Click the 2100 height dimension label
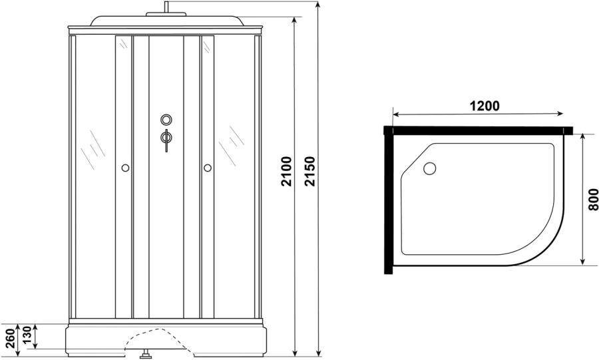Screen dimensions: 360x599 click(286, 172)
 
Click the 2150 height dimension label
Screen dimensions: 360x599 click(309, 172)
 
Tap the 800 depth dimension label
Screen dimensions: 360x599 click(592, 198)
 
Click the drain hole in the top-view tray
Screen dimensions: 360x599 click(429, 168)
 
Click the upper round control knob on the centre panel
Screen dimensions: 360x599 click(166, 120)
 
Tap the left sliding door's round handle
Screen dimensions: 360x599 click(124, 168)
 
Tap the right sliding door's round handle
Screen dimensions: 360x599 click(208, 168)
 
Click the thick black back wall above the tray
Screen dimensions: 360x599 click(479, 130)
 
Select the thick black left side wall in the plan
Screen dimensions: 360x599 click(387, 203)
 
